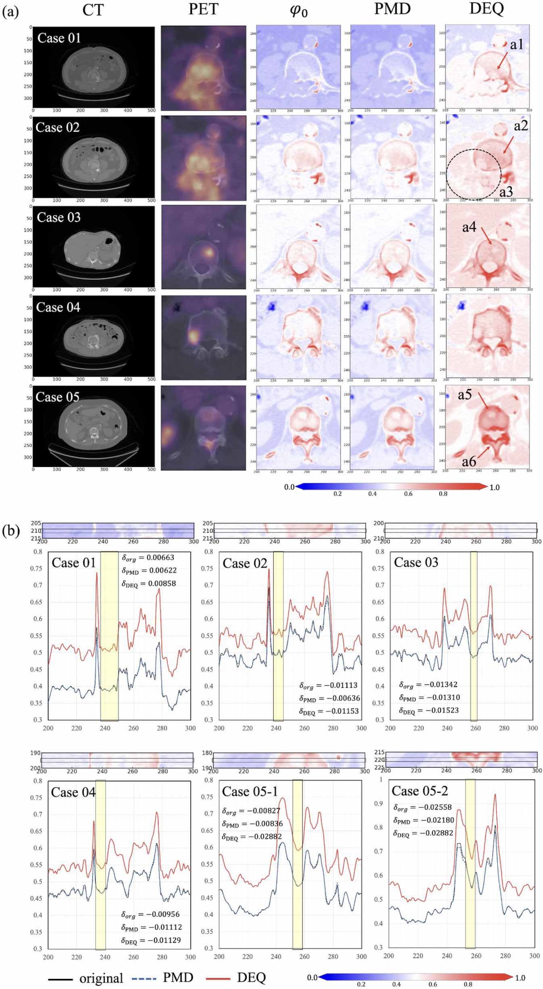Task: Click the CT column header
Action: point(93,10)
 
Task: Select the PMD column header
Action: point(392,9)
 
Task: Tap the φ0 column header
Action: point(299,10)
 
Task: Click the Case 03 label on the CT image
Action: point(58,218)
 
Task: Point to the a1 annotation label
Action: point(517,45)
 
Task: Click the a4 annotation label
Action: point(469,228)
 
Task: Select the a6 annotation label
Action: point(469,461)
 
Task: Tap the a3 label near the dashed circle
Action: point(506,191)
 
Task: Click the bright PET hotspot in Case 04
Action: point(193,336)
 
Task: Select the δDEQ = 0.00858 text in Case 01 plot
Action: point(149,584)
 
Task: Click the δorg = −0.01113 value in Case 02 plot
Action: point(328,685)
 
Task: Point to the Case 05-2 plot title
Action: point(420,791)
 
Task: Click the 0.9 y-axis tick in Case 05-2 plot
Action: point(378,803)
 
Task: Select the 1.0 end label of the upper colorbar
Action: point(495,487)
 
